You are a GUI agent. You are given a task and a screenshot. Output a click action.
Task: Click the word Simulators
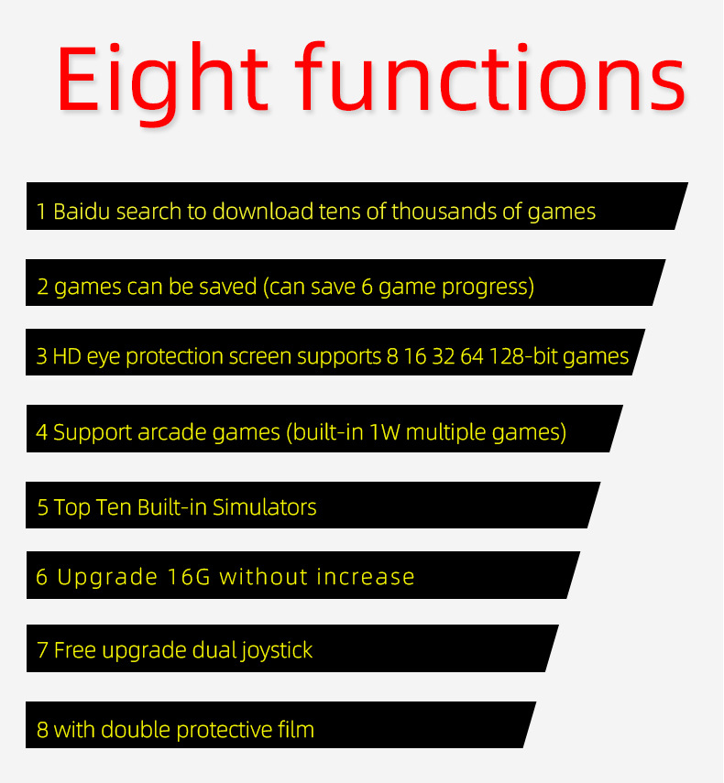[265, 506]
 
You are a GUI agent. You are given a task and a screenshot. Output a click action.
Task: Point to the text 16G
[189, 577]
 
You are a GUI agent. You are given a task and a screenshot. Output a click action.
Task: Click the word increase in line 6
[366, 577]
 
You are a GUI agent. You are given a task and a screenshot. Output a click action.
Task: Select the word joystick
[277, 651]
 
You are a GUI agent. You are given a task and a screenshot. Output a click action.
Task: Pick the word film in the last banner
[295, 729]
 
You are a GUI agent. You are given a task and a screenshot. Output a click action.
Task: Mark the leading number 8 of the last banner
[42, 730]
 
